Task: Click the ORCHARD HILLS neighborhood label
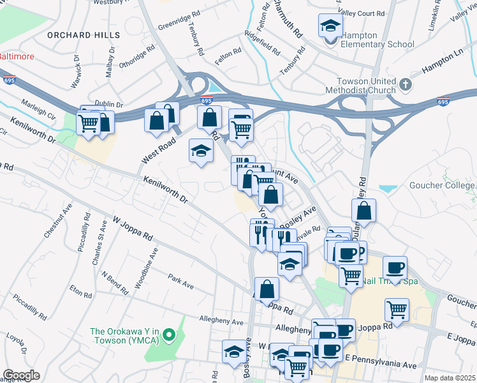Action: tap(83, 34)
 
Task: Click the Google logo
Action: tap(21, 375)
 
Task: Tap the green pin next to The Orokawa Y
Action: tap(169, 334)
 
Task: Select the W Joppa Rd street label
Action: tap(133, 228)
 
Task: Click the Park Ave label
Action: tap(180, 282)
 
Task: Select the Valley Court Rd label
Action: tap(362, 13)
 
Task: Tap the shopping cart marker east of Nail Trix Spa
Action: tap(397, 310)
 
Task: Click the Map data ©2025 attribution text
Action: tap(450, 378)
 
